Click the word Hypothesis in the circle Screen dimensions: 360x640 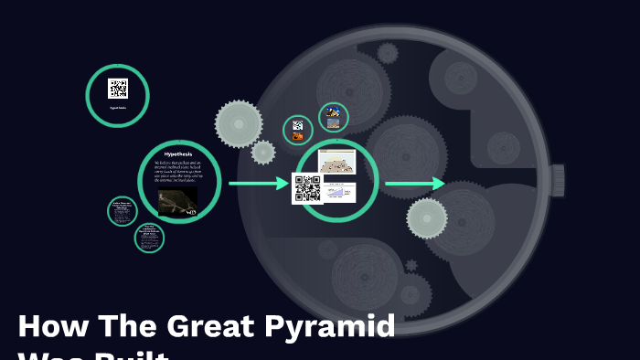pos(179,154)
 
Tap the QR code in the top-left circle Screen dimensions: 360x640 pos(117,89)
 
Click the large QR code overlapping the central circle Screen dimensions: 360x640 pos(307,188)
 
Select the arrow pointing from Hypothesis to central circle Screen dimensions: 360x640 pos(258,184)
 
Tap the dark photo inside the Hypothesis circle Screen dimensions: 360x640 pos(177,201)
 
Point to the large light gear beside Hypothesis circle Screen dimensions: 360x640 pos(239,123)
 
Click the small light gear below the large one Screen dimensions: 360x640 pos(263,153)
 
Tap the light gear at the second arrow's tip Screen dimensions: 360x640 pos(427,217)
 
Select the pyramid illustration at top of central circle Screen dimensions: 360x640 pos(336,162)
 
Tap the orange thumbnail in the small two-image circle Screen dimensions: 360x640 pos(298,136)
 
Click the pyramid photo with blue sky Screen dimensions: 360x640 pos(333,114)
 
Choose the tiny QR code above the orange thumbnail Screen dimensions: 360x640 pos(297,125)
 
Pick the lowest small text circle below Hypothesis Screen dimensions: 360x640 pos(149,238)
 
